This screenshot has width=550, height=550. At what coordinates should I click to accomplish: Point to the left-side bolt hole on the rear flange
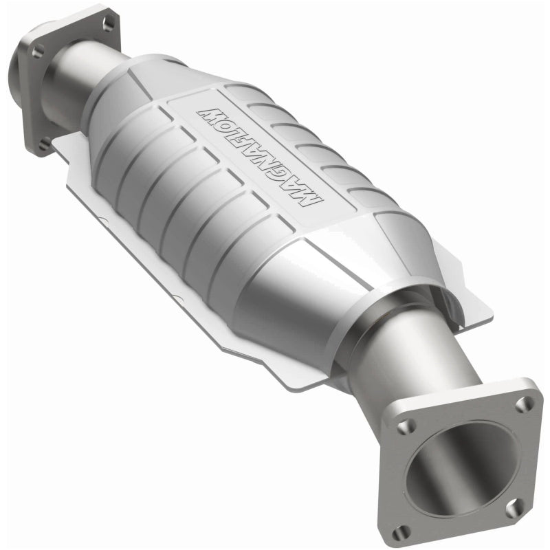click(37, 49)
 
